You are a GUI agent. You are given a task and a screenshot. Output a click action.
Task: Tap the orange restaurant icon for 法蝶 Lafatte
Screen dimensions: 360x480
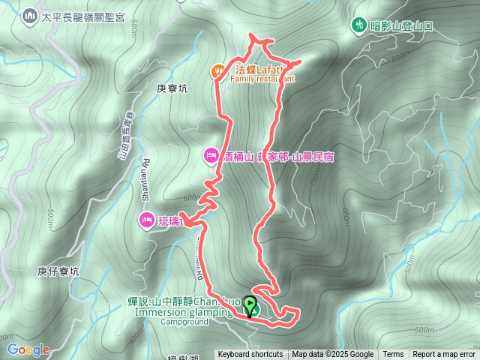click(217, 70)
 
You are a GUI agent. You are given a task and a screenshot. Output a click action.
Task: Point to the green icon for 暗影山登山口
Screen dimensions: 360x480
click(360, 25)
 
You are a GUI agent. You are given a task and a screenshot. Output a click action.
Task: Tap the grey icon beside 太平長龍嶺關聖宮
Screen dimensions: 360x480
click(30, 15)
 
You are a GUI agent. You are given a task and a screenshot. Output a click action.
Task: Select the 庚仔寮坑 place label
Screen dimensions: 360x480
click(58, 271)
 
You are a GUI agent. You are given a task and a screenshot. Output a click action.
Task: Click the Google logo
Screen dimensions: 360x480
click(28, 349)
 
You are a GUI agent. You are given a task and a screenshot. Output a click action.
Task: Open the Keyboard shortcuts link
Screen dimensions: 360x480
click(250, 355)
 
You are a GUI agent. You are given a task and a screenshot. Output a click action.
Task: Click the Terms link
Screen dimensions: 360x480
click(393, 355)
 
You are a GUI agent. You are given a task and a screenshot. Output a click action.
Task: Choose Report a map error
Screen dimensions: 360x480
click(444, 355)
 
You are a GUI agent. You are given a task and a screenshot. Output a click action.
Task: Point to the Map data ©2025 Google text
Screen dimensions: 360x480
click(332, 355)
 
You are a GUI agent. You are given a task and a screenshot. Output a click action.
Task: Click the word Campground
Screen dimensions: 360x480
click(184, 322)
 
